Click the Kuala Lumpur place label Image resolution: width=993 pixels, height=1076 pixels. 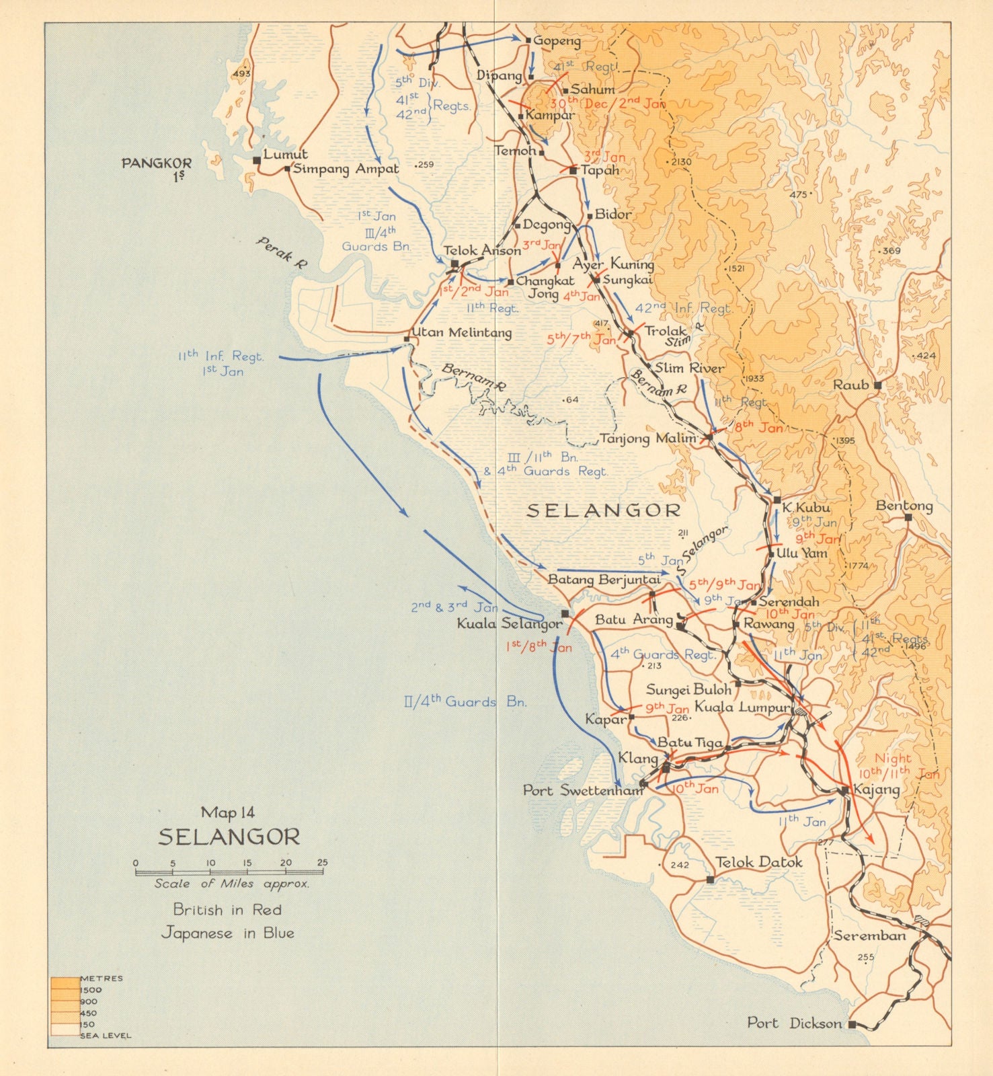click(x=742, y=707)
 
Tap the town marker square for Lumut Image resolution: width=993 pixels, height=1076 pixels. click(x=256, y=161)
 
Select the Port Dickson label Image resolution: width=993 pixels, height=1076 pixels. click(x=794, y=1023)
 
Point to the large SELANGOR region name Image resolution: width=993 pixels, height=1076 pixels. click(x=603, y=510)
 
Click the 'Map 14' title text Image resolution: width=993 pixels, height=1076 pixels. click(x=228, y=812)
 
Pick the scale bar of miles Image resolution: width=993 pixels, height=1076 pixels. click(x=229, y=872)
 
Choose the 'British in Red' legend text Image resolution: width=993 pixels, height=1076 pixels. click(x=227, y=910)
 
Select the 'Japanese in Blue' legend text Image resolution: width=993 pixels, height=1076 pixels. click(x=227, y=933)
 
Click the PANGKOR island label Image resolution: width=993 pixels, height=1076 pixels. click(x=157, y=163)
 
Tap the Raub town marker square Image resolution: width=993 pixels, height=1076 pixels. click(x=877, y=385)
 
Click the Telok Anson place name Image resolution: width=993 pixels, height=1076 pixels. click(x=481, y=251)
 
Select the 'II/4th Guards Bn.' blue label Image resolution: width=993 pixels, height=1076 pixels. click(x=465, y=701)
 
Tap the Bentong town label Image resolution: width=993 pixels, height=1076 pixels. click(x=904, y=506)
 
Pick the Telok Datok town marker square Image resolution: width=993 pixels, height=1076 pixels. click(x=710, y=879)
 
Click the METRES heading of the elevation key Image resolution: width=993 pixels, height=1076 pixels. click(x=102, y=978)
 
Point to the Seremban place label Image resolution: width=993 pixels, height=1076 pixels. click(x=870, y=935)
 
